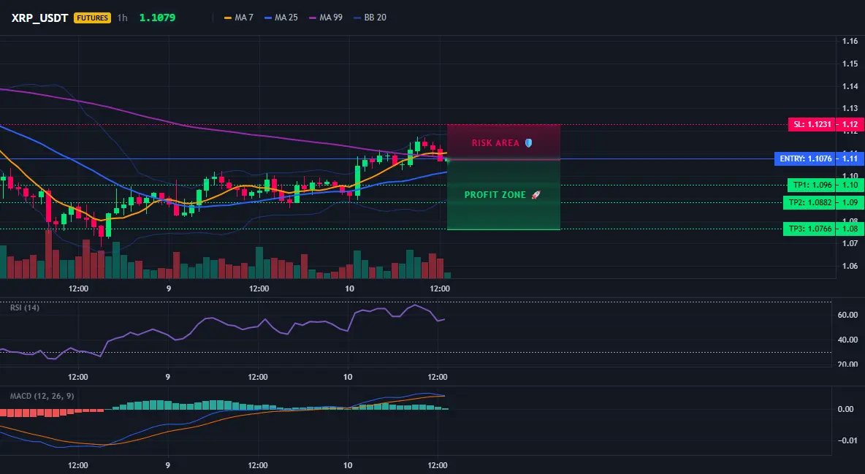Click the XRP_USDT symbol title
39,18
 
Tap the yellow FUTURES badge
92,18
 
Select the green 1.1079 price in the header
157,18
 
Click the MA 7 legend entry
238,18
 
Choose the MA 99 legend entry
326,18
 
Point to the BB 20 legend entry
370,18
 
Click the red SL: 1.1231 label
812,124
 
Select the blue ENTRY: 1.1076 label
805,159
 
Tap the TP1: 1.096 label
812,185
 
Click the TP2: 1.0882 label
809,202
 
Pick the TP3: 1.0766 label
809,229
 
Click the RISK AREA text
495,143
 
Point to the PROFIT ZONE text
495,195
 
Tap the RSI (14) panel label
25,307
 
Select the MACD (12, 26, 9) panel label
42,396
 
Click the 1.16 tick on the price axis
850,41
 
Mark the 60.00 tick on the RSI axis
848,315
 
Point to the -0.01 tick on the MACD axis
847,440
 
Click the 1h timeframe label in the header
123,18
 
